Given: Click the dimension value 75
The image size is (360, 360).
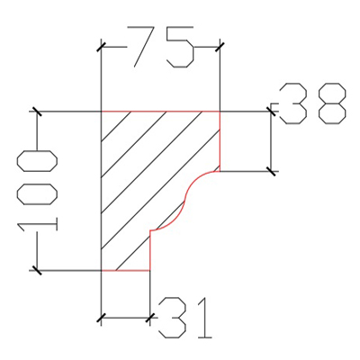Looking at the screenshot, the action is click(160, 47).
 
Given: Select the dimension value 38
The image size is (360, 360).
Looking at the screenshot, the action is click(313, 103).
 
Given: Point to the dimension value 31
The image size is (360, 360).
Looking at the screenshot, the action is click(185, 318).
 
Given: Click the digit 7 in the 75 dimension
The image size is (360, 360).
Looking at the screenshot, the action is click(141, 47).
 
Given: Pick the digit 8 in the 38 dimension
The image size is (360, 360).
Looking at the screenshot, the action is click(332, 103).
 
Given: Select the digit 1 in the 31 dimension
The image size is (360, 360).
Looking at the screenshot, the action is click(204, 318).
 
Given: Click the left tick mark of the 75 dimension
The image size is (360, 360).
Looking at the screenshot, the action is click(101, 47).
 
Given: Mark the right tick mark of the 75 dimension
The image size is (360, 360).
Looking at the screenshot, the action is click(220, 47).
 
